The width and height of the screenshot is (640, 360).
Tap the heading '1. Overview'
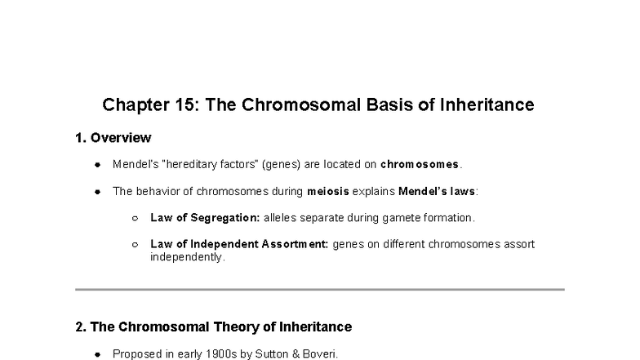click(x=113, y=137)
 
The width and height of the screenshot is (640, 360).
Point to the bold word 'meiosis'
click(x=327, y=191)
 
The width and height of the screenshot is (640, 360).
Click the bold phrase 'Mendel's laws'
click(x=437, y=191)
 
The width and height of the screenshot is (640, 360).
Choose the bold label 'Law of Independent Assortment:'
click(x=239, y=244)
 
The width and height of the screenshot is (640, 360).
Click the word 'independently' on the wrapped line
click(x=186, y=256)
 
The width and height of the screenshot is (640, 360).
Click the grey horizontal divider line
click(x=320, y=289)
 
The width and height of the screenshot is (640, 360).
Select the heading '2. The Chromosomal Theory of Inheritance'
click(x=213, y=327)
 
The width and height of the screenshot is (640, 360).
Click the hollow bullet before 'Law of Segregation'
click(x=135, y=219)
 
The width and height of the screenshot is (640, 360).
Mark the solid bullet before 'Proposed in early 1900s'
click(x=97, y=354)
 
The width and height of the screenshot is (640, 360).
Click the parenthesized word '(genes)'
click(x=281, y=164)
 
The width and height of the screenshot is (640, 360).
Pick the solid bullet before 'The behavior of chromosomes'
click(x=97, y=192)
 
